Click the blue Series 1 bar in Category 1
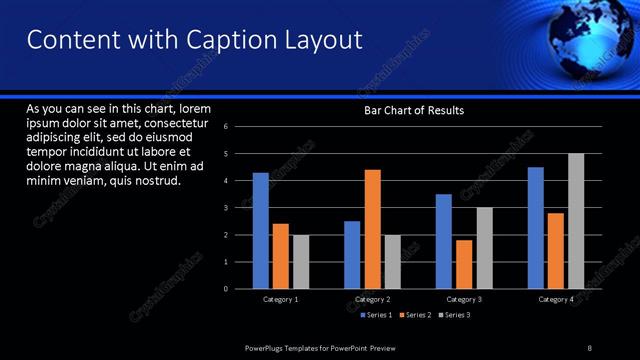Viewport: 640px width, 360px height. pyautogui.click(x=260, y=230)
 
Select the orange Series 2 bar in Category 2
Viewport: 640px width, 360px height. pyautogui.click(x=372, y=229)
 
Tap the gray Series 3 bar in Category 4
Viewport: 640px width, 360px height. pyautogui.click(x=576, y=221)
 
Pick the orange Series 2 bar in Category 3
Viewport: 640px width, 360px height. pyautogui.click(x=463, y=264)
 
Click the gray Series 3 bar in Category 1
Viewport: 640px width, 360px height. pyautogui.click(x=301, y=262)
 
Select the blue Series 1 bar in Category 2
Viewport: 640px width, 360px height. pyautogui.click(x=352, y=255)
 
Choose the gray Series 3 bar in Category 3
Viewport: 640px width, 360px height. pyautogui.click(x=484, y=248)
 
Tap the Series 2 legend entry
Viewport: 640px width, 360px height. pyautogui.click(x=415, y=315)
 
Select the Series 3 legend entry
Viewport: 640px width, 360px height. pyautogui.click(x=454, y=315)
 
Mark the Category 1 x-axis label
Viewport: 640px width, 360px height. pyautogui.click(x=281, y=299)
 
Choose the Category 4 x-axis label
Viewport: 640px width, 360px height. pyautogui.click(x=556, y=299)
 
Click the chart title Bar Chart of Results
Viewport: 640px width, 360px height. pyautogui.click(x=413, y=110)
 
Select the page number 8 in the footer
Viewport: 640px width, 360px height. pyautogui.click(x=589, y=346)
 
